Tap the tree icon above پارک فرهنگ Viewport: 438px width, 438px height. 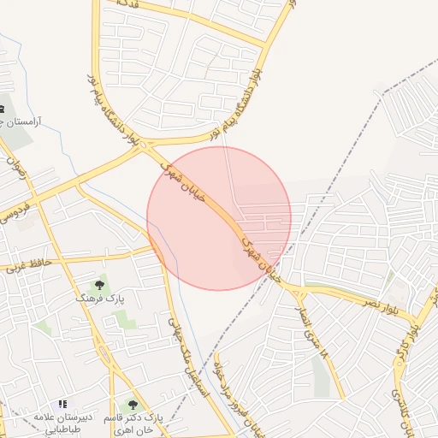pyautogui.click(x=100, y=283)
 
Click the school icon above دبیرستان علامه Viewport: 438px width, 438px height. pyautogui.click(x=62, y=404)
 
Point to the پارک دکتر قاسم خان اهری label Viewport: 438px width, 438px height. pyautogui.click(x=131, y=421)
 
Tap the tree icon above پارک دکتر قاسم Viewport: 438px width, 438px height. pyautogui.click(x=132, y=404)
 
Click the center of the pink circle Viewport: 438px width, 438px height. pyautogui.click(x=219, y=218)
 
